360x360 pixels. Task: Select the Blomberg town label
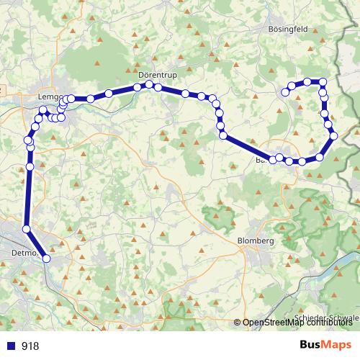(256, 240)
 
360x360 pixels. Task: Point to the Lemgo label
(51, 95)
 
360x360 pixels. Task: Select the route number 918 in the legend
(30, 346)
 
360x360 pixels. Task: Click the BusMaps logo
(325, 346)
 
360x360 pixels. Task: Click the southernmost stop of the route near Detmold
(47, 258)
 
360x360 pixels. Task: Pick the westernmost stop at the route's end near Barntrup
(273, 159)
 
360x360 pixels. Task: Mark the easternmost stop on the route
(334, 135)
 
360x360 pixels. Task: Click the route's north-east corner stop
(323, 82)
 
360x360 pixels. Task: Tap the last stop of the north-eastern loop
(286, 91)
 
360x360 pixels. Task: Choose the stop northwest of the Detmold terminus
(27, 229)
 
